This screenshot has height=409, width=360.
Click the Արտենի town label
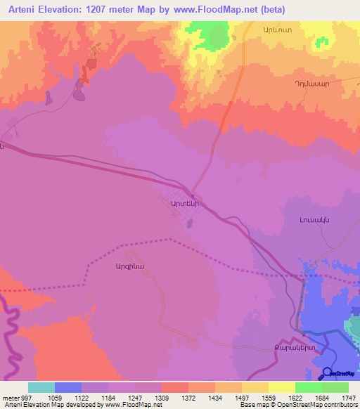176,202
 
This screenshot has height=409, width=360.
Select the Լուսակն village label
304,219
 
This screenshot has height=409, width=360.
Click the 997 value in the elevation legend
25,397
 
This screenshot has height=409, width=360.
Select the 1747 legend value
349,397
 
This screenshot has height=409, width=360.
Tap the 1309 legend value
161,397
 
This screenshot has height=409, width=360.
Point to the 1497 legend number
241,397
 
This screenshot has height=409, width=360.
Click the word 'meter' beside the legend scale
9,397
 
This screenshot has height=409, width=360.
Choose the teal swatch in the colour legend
41,387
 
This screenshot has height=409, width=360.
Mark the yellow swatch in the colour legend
281,387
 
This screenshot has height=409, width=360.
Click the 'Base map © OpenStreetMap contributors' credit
297,405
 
